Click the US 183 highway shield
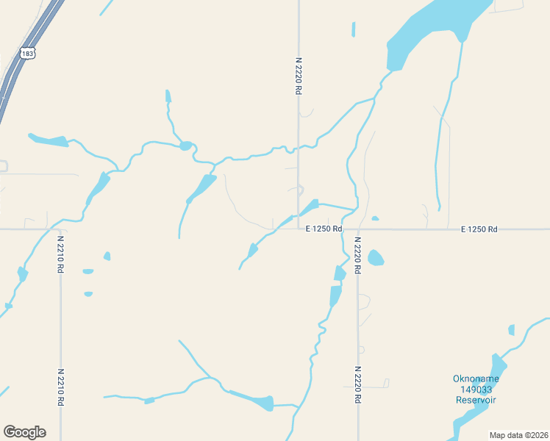coord(27,54)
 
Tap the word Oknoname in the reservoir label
coord(476,379)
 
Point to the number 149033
coord(476,390)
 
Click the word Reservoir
coord(476,400)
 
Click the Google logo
coord(24,432)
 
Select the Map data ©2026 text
coord(518,434)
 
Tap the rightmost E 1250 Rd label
coord(479,229)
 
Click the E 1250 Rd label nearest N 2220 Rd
coord(324,229)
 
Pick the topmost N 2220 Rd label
coord(299,76)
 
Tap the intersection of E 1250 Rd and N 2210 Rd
coord(60,229)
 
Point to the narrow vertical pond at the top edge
coord(354,29)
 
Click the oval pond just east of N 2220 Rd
coord(376,258)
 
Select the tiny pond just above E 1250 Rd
coord(375,218)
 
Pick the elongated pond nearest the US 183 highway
coord(49,140)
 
